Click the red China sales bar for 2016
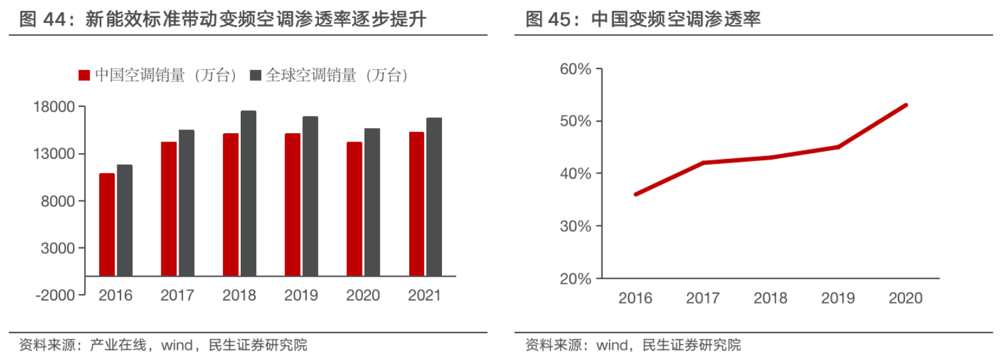(x=106, y=224)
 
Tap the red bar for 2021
(x=416, y=204)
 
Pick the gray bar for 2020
(x=372, y=202)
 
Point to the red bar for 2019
(x=293, y=204)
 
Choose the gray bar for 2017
(x=186, y=202)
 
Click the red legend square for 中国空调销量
(x=84, y=76)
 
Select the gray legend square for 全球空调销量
(x=255, y=76)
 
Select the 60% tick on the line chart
(x=575, y=69)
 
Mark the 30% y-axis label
(x=575, y=226)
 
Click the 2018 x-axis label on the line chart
(x=771, y=298)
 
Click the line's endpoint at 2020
(x=906, y=105)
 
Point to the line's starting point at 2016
(x=635, y=194)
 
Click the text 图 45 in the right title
(x=546, y=20)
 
